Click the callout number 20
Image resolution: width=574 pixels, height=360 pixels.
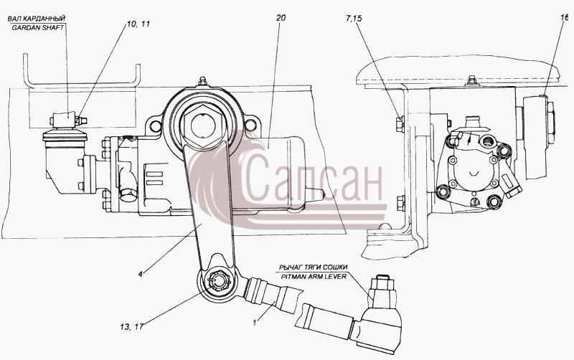coord(281,18)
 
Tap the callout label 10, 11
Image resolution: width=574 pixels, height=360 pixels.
coord(138,24)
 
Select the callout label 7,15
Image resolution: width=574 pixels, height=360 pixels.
coord(353,19)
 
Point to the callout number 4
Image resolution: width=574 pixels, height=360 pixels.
coord(140,273)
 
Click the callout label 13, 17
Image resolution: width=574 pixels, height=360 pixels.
coord(131,326)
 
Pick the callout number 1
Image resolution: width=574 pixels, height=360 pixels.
coord(255,322)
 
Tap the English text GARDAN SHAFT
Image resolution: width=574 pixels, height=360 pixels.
coord(38,28)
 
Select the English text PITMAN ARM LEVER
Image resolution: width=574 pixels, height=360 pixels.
coord(314,277)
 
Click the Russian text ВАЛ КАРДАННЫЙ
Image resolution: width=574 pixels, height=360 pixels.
coord(37,19)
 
